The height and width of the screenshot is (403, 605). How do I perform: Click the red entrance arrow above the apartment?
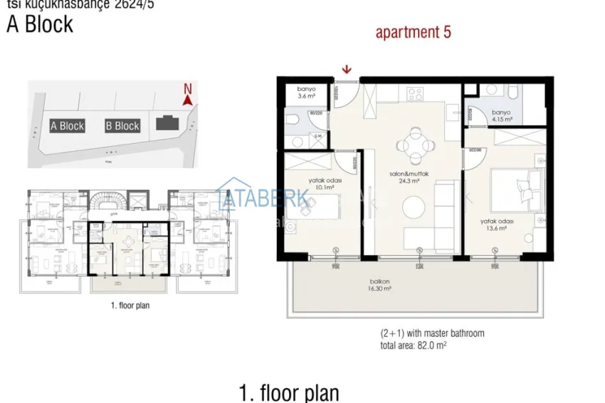347,69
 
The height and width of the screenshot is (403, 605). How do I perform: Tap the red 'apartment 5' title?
413,32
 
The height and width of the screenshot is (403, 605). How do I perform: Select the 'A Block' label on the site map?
67,126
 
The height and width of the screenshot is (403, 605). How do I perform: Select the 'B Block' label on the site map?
122,126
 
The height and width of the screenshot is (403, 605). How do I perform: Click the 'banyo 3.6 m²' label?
305,92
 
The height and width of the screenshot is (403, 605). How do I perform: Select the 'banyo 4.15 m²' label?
500,115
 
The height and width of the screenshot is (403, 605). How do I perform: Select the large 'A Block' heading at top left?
40,24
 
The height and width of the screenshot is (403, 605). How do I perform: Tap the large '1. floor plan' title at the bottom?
289,392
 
